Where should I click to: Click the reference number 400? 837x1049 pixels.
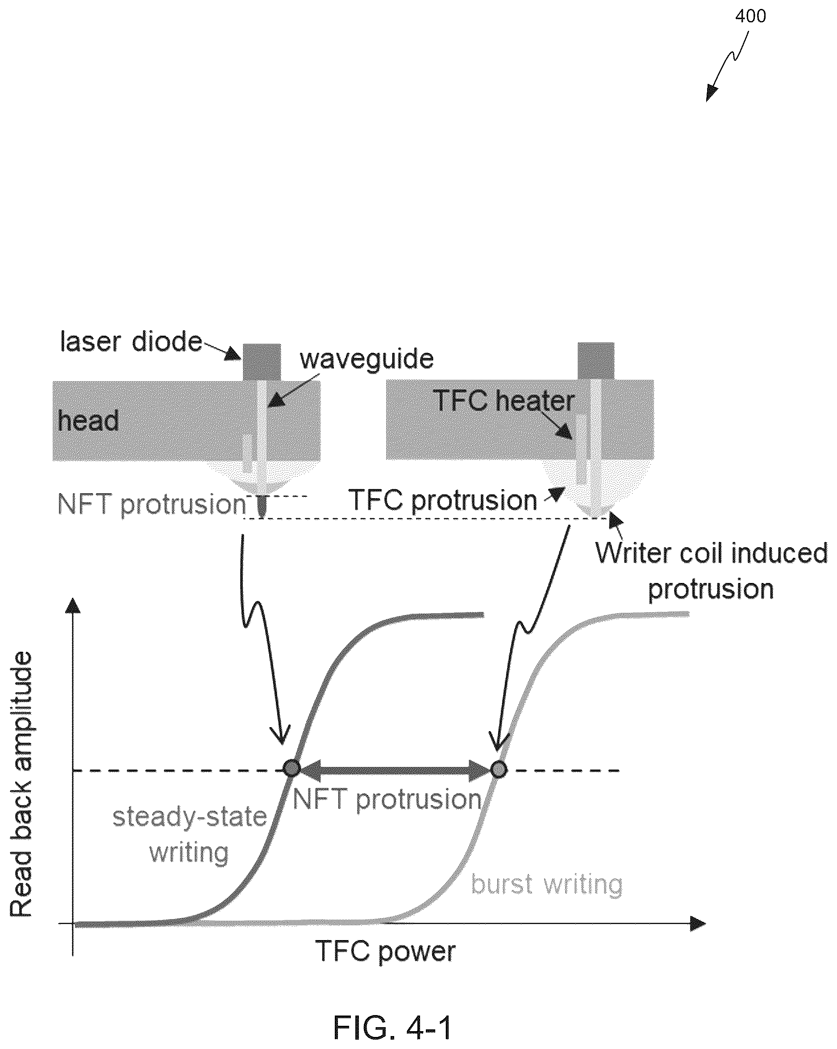tap(750, 16)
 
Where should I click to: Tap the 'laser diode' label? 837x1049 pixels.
tap(131, 341)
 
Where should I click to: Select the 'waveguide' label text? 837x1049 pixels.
tap(366, 359)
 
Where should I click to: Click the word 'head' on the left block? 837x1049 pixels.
tap(88, 420)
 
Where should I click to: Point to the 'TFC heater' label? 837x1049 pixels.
tap(504, 400)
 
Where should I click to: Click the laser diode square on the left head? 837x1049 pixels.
tap(262, 362)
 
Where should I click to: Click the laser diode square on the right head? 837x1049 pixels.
tap(595, 361)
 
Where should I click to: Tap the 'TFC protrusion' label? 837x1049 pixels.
tap(443, 500)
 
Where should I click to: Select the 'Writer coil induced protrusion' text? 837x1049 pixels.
tap(712, 571)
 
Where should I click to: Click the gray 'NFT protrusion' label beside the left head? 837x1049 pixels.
tap(152, 504)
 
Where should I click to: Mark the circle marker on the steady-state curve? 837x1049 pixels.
tap(291, 769)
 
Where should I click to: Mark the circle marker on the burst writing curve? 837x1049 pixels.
tap(498, 769)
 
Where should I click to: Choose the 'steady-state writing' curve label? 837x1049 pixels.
tap(190, 834)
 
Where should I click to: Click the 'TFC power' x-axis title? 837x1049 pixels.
tap(385, 951)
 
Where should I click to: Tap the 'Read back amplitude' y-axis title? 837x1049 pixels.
tap(21, 784)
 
